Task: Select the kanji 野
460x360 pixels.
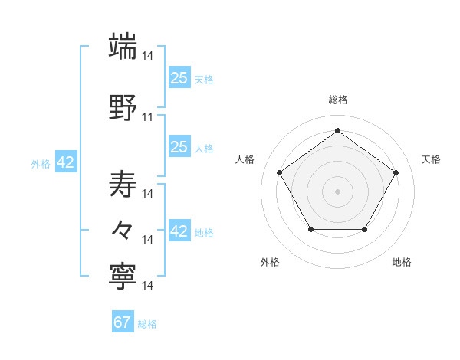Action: pos(123,108)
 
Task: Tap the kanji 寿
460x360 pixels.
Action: pos(123,184)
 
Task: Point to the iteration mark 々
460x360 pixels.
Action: pos(123,230)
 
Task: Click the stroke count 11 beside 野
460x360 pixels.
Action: pos(148,117)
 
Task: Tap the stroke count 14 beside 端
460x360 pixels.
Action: pos(148,56)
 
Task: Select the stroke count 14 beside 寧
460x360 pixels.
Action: pos(148,286)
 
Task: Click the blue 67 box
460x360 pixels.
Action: pos(123,322)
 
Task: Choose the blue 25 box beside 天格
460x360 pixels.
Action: pos(179,78)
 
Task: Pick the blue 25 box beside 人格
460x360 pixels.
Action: pos(179,147)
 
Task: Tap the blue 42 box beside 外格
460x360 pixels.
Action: pos(66,162)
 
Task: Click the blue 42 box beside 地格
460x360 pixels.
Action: pos(179,231)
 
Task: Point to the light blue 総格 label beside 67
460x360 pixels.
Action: pos(147,324)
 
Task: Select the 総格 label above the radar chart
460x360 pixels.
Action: pos(337,100)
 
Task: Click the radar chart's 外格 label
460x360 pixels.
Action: pos(270,262)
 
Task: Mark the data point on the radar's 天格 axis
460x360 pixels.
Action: pos(396,172)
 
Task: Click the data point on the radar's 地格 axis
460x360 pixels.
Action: pos(365,230)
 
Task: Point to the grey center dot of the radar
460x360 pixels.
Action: pos(337,191)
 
